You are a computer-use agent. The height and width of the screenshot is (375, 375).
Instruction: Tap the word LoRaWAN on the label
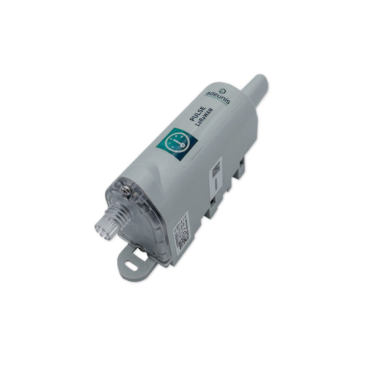[203, 119]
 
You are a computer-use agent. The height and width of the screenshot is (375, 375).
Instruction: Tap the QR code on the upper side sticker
[217, 170]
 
